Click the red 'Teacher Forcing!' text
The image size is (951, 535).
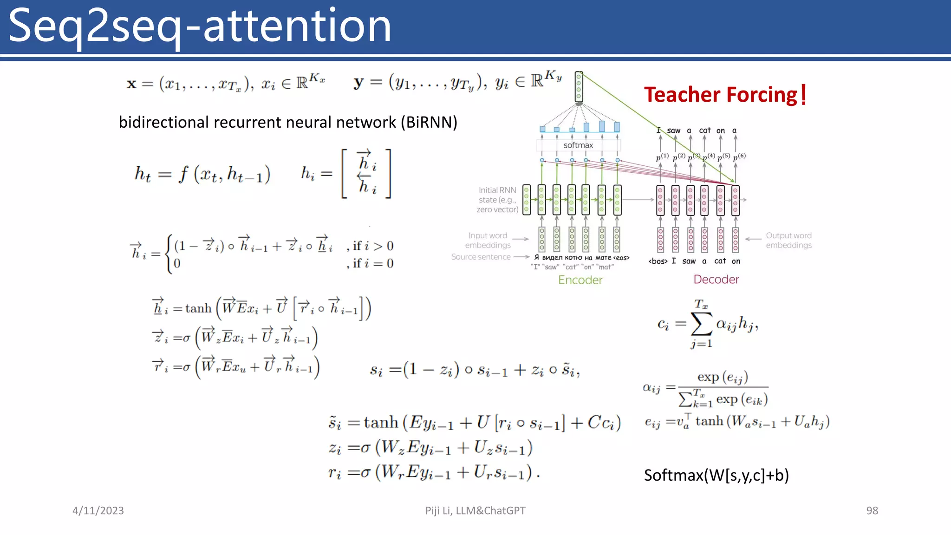[725, 95]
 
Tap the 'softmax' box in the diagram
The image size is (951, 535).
[578, 145]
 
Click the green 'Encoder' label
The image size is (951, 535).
[580, 280]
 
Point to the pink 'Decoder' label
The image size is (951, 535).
[716, 279]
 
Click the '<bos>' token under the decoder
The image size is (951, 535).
[658, 261]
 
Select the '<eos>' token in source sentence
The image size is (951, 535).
[621, 258]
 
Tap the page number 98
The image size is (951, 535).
[872, 510]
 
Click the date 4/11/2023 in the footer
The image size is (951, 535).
[98, 510]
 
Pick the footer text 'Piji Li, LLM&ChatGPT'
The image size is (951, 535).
[475, 510]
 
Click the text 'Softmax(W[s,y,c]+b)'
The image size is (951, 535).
[716, 475]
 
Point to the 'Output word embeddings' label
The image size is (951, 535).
[788, 240]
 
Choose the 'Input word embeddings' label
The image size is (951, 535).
[488, 240]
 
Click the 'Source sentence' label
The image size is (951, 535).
[481, 257]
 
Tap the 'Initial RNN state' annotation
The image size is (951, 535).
[497, 200]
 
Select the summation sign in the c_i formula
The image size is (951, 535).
[701, 324]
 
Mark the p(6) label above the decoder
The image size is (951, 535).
[739, 157]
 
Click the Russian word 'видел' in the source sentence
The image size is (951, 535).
[552, 258]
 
